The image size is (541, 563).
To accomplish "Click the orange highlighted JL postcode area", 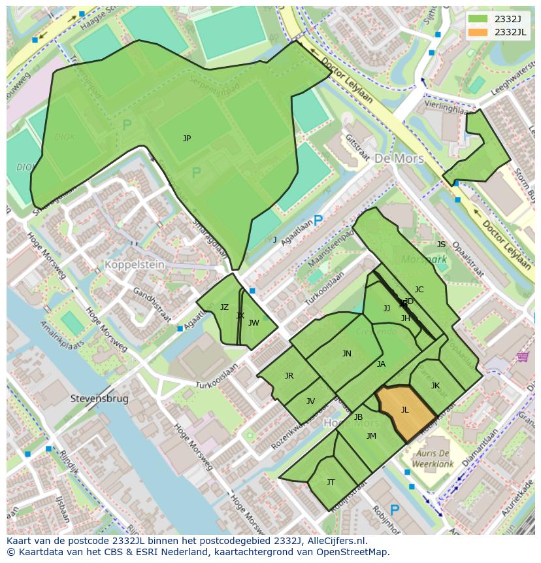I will click(405, 411).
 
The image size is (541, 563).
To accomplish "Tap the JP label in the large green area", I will click(187, 139).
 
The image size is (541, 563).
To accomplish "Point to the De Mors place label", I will click(399, 159).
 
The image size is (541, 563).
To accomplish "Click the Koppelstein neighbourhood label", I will click(134, 266).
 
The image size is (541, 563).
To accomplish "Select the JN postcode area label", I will click(347, 354).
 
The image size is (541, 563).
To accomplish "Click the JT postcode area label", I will click(331, 483).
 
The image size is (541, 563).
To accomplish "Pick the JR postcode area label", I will click(289, 376).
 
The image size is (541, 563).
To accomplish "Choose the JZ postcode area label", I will click(224, 307).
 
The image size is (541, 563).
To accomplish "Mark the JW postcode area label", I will click(254, 323).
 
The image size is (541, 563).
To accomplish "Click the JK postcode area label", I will click(435, 386).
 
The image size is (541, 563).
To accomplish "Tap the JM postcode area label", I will click(371, 436).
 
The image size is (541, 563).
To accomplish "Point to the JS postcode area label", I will click(441, 245).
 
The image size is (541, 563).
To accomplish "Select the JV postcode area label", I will click(310, 401).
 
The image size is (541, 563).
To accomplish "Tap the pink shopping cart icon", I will click(523, 356).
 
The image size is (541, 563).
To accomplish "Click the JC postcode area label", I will click(419, 290).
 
